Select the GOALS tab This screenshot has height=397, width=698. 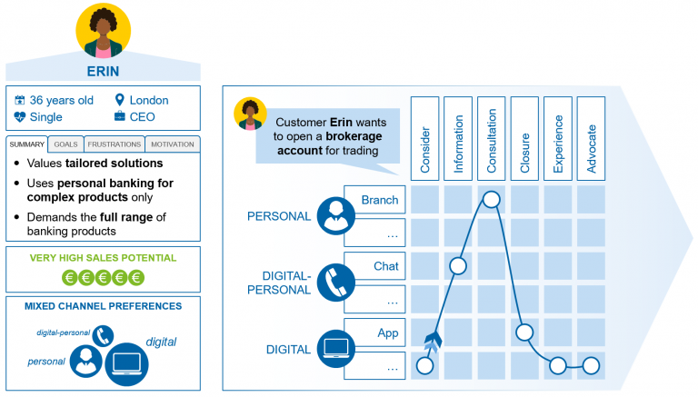point(65,144)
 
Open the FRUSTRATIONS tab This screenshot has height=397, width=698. point(114,144)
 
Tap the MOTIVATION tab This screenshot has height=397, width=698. point(172,144)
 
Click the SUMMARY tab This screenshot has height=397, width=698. point(27,144)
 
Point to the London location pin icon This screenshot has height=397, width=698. point(120,100)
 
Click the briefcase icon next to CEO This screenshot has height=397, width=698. point(120,117)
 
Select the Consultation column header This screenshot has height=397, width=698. point(492,135)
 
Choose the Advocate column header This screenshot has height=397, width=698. point(591,135)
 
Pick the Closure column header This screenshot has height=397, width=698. point(524,135)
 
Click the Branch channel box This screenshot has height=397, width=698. point(374,200)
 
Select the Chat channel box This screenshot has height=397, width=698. point(374,266)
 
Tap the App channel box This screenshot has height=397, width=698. point(374,332)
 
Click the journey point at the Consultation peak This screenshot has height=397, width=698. point(492,199)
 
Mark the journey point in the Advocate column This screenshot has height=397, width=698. point(591,365)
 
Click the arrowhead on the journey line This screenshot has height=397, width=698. point(431,341)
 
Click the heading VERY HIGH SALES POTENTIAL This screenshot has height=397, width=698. point(102,258)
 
